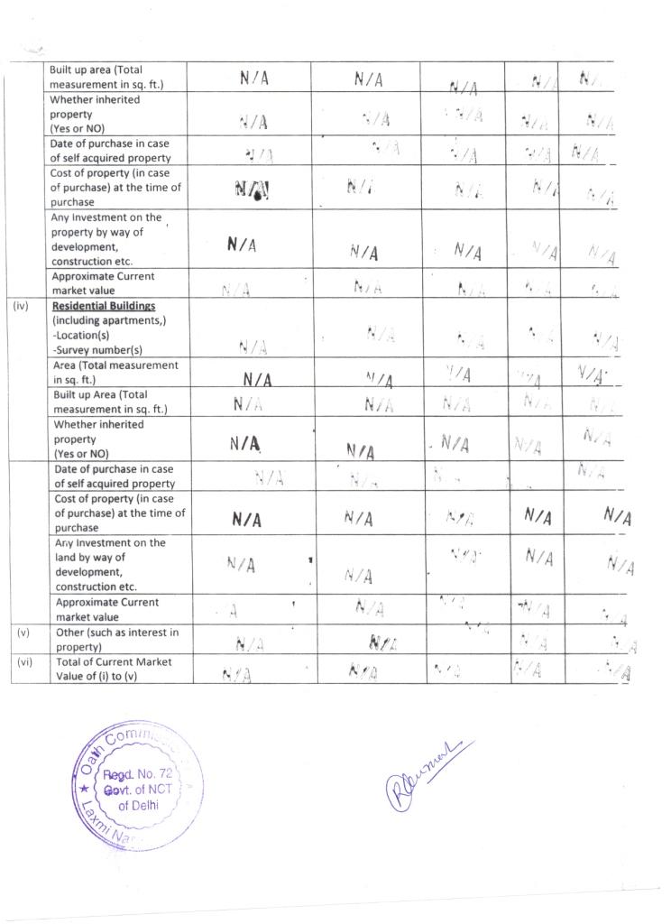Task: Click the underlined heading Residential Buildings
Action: pos(103,306)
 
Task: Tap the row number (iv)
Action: pos(22,306)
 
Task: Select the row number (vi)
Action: pos(23,661)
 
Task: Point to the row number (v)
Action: pos(23,632)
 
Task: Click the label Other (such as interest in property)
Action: pos(116,639)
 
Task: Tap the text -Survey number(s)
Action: pos(97,349)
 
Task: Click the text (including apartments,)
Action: pos(108,320)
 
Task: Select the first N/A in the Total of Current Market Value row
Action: pos(235,675)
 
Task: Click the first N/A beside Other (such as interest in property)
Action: pos(249,644)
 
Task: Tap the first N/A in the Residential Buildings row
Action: pos(252,346)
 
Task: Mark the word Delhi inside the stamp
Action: pos(142,805)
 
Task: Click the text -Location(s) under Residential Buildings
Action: pos(80,335)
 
